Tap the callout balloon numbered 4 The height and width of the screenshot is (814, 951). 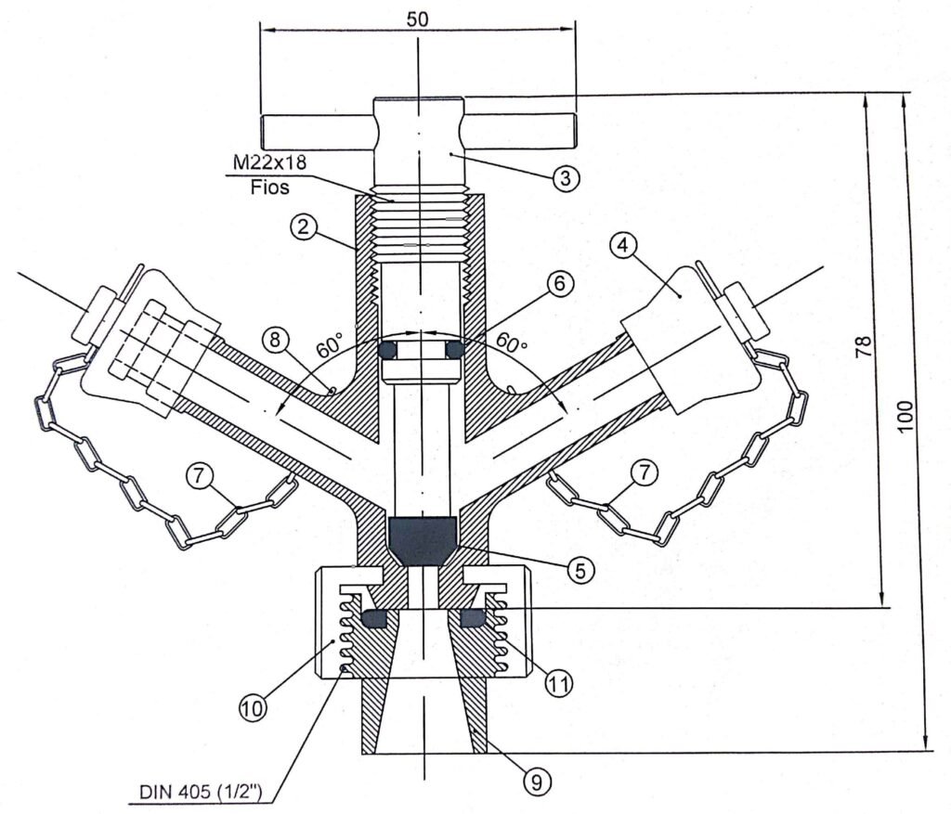point(624,247)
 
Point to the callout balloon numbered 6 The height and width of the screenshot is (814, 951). point(560,284)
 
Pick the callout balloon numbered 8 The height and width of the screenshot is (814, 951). point(275,338)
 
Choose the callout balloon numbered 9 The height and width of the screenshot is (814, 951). point(534,782)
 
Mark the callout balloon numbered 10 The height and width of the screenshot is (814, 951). point(254,708)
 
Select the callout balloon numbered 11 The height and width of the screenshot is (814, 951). point(557,684)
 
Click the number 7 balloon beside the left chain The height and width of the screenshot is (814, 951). point(199,475)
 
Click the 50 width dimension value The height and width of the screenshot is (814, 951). point(417,18)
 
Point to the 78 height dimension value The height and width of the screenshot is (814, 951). point(864,348)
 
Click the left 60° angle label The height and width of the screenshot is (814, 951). point(330,350)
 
